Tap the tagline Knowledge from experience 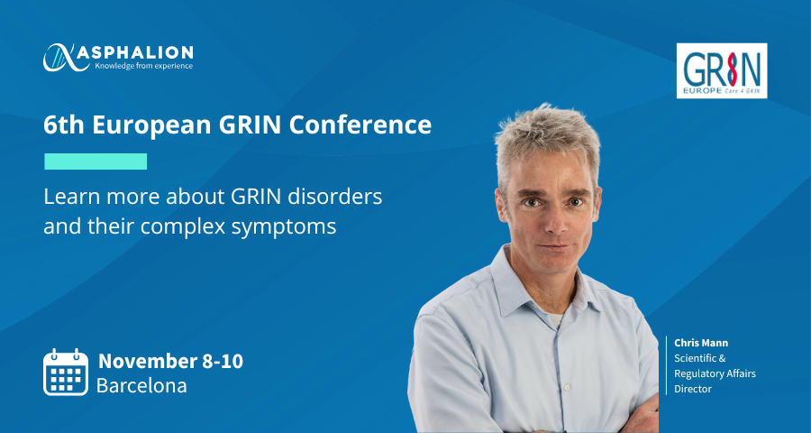point(143,66)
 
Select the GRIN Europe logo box point(722,70)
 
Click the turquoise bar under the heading point(96,161)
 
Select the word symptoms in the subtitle point(284,226)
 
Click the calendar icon point(66,372)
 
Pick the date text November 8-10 point(170,361)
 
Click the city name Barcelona point(141,385)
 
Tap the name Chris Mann point(701,343)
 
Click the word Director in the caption point(693,389)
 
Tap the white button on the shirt point(568,387)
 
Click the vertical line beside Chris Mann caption point(666,365)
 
